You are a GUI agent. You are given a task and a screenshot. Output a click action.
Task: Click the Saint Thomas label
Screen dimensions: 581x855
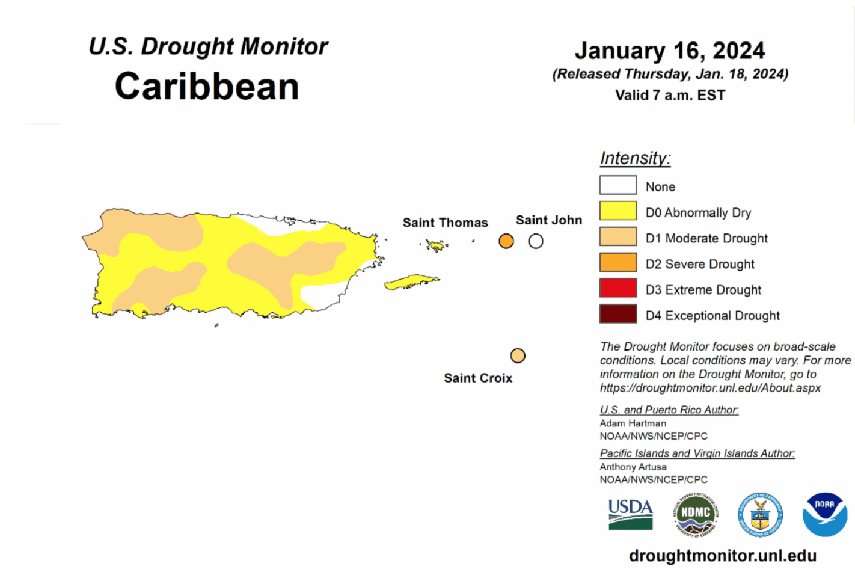pos(445,223)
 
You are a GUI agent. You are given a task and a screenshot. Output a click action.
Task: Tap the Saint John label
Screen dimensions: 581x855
pos(548,220)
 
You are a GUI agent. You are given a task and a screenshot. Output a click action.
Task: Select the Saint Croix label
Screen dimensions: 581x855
pos(478,378)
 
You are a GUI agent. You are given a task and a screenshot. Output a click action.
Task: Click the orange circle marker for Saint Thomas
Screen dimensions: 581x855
pos(506,241)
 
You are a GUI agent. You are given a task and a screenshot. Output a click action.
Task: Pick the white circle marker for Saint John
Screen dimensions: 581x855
pos(536,241)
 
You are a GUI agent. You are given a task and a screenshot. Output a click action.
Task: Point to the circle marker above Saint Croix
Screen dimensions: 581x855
pos(518,355)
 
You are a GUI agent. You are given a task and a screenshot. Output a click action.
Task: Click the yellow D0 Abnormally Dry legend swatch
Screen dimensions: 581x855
pos(617,211)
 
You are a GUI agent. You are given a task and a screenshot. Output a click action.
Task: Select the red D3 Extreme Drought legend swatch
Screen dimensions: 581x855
pos(617,288)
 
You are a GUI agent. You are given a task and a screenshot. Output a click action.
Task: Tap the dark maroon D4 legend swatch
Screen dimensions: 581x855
pos(617,314)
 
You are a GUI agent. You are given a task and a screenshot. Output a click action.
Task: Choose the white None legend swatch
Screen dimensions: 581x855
pos(617,185)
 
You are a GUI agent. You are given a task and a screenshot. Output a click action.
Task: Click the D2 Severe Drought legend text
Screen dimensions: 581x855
pos(700,264)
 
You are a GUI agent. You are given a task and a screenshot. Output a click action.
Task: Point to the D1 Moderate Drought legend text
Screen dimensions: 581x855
pos(706,238)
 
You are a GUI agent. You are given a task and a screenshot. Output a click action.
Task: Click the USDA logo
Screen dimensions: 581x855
pos(630,514)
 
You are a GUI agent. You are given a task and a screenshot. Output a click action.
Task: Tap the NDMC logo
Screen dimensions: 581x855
pos(696,514)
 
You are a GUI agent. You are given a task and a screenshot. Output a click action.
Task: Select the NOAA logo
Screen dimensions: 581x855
pos(824,514)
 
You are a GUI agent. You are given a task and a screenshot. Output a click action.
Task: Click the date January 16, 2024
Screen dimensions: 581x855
pos(670,51)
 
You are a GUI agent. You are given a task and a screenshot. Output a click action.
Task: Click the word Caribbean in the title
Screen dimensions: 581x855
pos(207,86)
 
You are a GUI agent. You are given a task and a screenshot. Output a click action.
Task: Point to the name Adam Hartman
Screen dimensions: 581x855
pos(633,423)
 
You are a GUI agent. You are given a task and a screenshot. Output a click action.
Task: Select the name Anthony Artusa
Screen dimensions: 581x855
pos(633,467)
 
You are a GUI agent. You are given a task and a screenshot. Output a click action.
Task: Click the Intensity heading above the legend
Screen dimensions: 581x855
pos(635,158)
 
